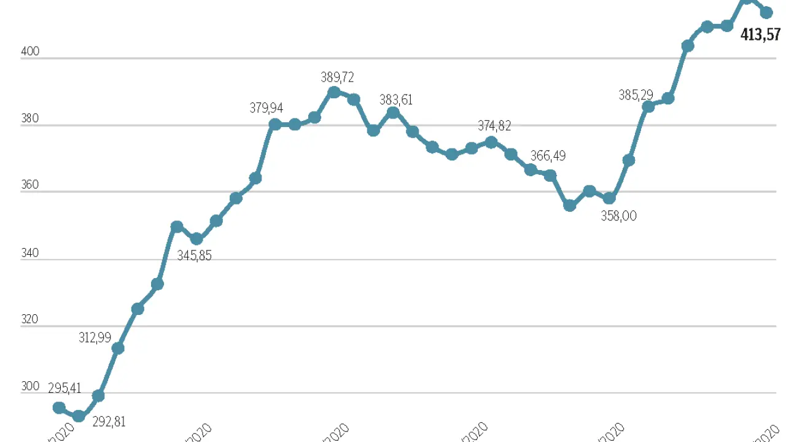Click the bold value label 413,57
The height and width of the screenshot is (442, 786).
[760, 34]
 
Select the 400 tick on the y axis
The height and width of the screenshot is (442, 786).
[30, 52]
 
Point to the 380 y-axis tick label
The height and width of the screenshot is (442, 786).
[30, 118]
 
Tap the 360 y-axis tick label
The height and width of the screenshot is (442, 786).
[30, 185]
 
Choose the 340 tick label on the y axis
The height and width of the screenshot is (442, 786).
[30, 253]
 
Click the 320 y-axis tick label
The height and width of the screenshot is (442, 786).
[30, 319]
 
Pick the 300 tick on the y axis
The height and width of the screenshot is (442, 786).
[30, 386]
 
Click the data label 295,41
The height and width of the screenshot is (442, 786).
[65, 389]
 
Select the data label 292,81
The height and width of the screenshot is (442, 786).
[109, 422]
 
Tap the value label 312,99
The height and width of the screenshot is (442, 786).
[95, 338]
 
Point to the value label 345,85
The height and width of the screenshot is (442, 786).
[194, 255]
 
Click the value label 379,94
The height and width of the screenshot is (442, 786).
[267, 109]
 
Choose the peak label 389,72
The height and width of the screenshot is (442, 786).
[337, 77]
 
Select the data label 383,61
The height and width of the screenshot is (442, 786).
[396, 99]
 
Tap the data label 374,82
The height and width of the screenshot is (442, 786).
[494, 126]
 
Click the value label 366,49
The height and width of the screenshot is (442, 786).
[548, 156]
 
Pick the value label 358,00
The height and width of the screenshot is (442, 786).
[619, 216]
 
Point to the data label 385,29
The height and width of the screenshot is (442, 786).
[636, 95]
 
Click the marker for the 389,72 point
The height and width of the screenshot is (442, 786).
[334, 93]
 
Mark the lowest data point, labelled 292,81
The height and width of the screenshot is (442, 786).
[79, 416]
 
